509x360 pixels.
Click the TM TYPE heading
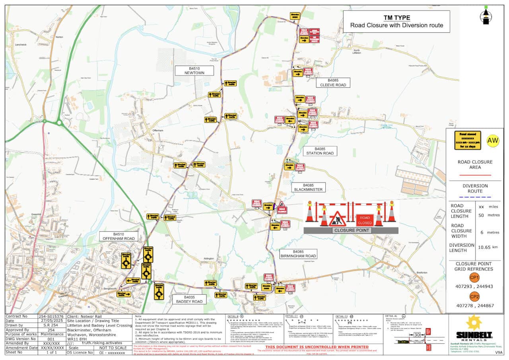pyautogui.click(x=396, y=18)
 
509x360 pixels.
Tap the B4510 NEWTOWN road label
pyautogui.click(x=194, y=70)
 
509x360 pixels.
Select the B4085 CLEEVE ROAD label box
pyautogui.click(x=331, y=82)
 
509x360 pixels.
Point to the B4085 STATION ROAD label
pyautogui.click(x=320, y=151)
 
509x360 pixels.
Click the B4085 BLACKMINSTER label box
pyautogui.click(x=308, y=187)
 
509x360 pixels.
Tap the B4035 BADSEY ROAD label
pyautogui.click(x=189, y=299)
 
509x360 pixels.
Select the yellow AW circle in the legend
pyautogui.click(x=493, y=140)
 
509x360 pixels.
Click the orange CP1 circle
pyautogui.click(x=474, y=278)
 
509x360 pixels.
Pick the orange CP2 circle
pyautogui.click(x=474, y=297)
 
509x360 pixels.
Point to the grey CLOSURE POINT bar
pyautogui.click(x=351, y=230)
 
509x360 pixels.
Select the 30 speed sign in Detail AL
pyautogui.click(x=416, y=335)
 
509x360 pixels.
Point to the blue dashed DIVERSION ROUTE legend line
pyautogui.click(x=475, y=197)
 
